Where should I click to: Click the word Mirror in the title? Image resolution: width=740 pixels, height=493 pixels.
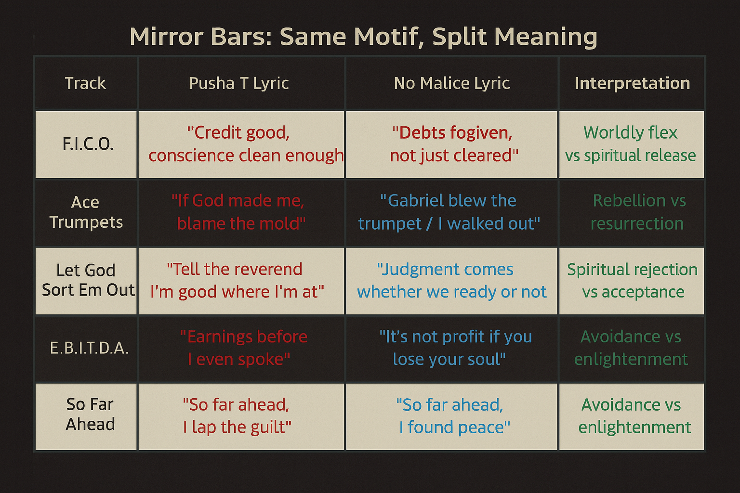pyautogui.click(x=167, y=36)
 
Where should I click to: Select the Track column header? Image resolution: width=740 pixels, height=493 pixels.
pyautogui.click(x=85, y=83)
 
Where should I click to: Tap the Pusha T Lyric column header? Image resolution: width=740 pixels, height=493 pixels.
pyautogui.click(x=238, y=83)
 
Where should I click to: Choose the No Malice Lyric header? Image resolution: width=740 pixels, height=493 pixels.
pyautogui.click(x=451, y=83)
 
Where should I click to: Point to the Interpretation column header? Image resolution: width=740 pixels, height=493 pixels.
pyautogui.click(x=632, y=83)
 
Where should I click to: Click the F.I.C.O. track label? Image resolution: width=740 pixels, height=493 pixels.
pyautogui.click(x=88, y=144)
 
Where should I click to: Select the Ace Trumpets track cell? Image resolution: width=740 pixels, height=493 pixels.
pyautogui.click(x=86, y=212)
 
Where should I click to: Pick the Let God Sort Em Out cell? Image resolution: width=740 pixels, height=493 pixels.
pyautogui.click(x=88, y=280)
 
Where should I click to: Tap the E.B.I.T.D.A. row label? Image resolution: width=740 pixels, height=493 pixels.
pyautogui.click(x=89, y=348)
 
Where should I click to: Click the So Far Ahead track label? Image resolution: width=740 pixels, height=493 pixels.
pyautogui.click(x=90, y=414)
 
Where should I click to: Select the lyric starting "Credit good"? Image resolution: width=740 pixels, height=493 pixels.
pyautogui.click(x=246, y=144)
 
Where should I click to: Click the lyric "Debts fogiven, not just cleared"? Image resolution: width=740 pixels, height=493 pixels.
pyautogui.click(x=453, y=144)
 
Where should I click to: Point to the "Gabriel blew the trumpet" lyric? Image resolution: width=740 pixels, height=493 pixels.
pyautogui.click(x=449, y=212)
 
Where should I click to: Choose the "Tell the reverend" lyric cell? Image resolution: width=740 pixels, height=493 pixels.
pyautogui.click(x=237, y=281)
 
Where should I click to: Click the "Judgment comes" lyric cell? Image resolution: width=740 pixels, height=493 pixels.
pyautogui.click(x=451, y=281)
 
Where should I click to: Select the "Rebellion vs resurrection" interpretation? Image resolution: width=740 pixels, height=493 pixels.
pyautogui.click(x=637, y=212)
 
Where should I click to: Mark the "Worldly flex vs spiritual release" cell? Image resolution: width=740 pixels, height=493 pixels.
pyautogui.click(x=630, y=144)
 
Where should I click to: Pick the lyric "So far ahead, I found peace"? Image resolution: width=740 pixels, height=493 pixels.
pyautogui.click(x=452, y=416)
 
